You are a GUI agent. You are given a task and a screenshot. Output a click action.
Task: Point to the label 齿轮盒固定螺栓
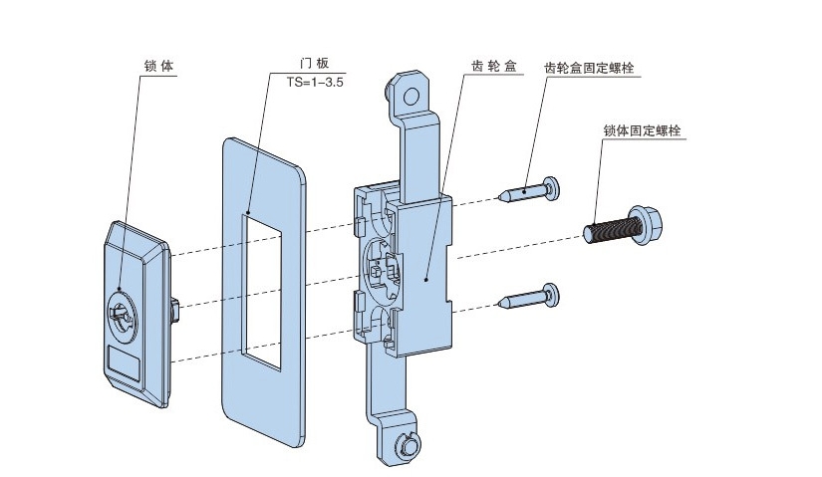tap(590, 67)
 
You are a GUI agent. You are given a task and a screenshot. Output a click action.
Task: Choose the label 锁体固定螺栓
tap(648, 129)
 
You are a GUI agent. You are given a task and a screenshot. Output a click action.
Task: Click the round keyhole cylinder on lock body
tap(122, 312)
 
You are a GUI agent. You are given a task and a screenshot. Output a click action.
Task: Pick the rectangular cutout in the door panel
tap(264, 282)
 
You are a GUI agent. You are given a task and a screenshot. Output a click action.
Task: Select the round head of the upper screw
tap(553, 185)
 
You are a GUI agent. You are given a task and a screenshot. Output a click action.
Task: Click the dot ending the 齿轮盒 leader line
tap(425, 282)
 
